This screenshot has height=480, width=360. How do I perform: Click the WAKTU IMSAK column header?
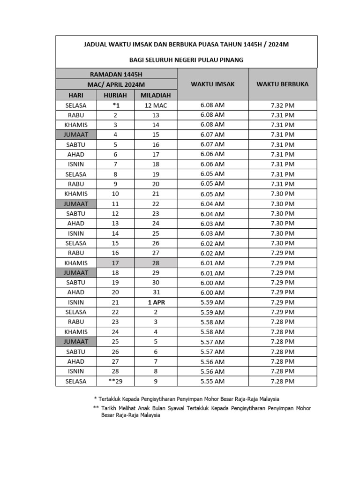tap(212, 84)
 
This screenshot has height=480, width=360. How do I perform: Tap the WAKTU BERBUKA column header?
tap(282, 84)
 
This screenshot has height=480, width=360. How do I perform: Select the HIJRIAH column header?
tap(115, 95)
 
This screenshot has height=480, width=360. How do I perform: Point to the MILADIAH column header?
tap(156, 95)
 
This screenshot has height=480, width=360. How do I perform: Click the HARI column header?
tap(76, 95)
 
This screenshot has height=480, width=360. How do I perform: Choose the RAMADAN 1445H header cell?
tap(116, 74)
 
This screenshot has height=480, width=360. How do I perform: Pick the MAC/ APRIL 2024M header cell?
tap(116, 84)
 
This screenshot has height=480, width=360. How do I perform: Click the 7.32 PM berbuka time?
tap(282, 105)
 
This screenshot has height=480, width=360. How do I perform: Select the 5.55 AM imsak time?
tap(212, 382)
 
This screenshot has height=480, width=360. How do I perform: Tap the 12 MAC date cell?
tap(156, 105)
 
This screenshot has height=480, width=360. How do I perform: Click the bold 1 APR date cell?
tap(156, 302)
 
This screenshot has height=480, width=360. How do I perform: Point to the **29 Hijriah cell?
tap(115, 382)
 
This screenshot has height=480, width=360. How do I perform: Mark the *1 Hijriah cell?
tap(115, 105)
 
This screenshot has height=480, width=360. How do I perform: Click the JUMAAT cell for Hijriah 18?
tap(76, 273)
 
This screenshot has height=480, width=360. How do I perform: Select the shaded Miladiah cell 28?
tap(156, 263)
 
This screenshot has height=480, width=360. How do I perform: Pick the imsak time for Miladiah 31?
tap(212, 292)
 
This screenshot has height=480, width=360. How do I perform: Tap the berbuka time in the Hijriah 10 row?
tap(282, 194)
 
